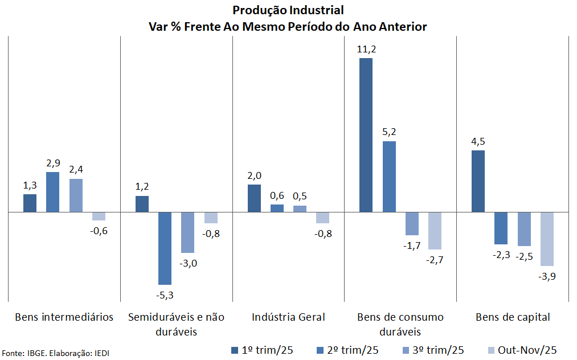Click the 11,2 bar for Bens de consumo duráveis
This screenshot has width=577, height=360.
click(x=366, y=135)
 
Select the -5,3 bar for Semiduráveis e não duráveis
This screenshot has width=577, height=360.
click(x=165, y=248)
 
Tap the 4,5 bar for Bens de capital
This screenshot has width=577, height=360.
click(x=478, y=181)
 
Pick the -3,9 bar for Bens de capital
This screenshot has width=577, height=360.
click(x=547, y=239)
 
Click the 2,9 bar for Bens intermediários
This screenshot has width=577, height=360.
click(x=52, y=192)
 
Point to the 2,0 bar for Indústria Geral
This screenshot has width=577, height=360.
click(x=254, y=198)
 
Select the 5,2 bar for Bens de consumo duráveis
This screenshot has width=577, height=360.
click(x=389, y=177)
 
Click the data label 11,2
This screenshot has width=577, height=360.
click(x=366, y=50)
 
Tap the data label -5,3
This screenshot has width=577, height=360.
click(x=165, y=294)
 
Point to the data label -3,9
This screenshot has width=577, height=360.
click(x=547, y=276)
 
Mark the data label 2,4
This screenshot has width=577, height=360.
click(x=76, y=169)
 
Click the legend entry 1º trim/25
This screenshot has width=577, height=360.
click(x=261, y=350)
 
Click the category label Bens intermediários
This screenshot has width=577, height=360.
click(x=64, y=317)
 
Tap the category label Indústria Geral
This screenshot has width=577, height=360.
click(x=289, y=317)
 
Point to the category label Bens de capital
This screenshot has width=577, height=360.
click(x=513, y=317)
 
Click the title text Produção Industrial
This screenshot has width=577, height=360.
click(x=288, y=10)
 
